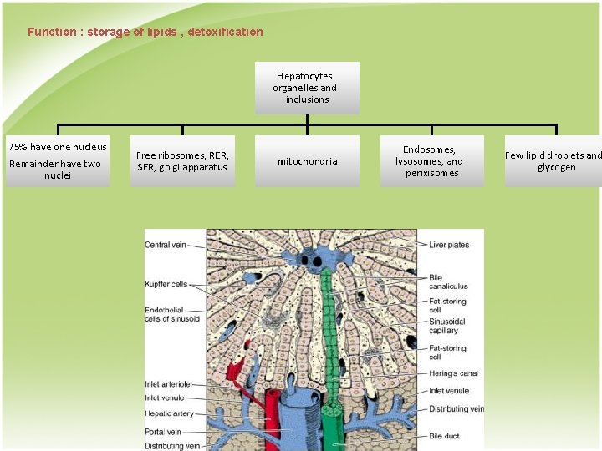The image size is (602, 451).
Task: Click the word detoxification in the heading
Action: click(226, 33)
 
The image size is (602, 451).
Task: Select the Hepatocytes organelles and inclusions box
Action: click(307, 88)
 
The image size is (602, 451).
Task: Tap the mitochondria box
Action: click(307, 161)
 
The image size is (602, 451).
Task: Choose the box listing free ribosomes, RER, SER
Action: click(182, 161)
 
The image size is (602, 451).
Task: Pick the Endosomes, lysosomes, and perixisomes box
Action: click(431, 161)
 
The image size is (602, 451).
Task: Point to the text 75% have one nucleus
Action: click(58, 147)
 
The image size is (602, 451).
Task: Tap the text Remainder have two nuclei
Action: click(58, 170)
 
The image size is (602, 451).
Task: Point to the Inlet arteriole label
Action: click(168, 385)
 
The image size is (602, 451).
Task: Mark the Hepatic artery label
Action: click(170, 413)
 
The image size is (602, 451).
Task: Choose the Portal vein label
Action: click(164, 433)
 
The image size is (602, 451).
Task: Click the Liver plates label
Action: click(449, 246)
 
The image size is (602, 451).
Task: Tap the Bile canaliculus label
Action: click(448, 281)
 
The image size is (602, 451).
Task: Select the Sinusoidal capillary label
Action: click(447, 326)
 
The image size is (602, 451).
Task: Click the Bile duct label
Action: click(445, 436)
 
